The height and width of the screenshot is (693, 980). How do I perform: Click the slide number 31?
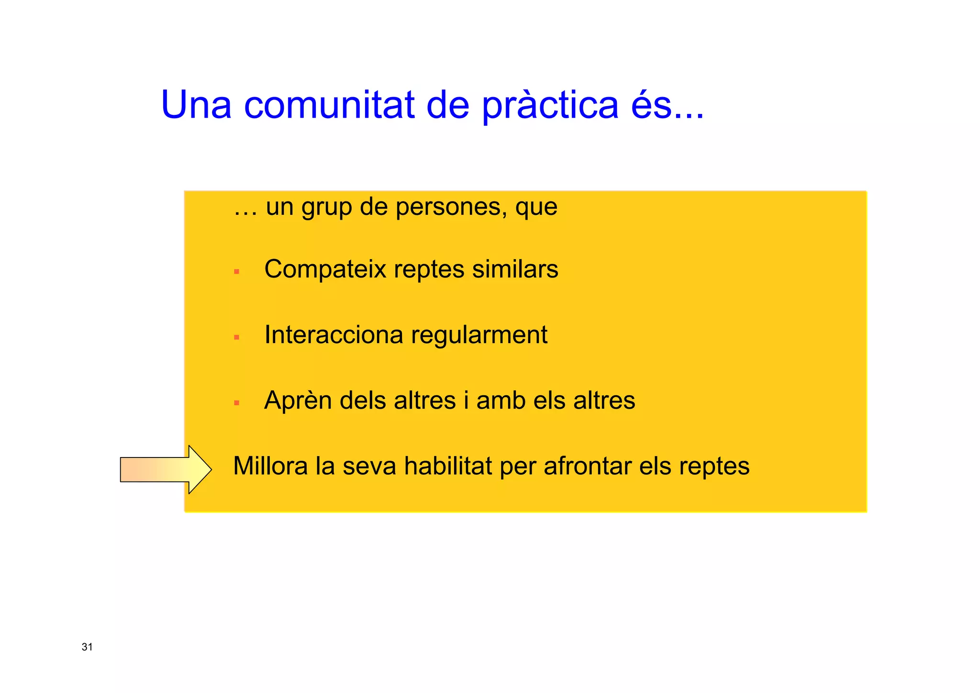click(87, 647)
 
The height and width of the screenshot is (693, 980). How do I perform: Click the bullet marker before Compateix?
click(236, 271)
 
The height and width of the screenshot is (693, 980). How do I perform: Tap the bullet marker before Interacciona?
click(236, 337)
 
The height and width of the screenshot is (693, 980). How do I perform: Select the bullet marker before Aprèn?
click(236, 403)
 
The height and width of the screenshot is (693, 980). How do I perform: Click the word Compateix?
click(325, 269)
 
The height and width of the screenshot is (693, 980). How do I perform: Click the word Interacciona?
click(334, 335)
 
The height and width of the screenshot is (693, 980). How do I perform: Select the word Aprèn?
click(298, 400)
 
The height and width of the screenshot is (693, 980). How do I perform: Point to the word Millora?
click(270, 466)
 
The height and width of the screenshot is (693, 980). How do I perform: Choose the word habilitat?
click(448, 466)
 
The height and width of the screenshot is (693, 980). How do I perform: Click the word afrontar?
click(587, 466)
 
